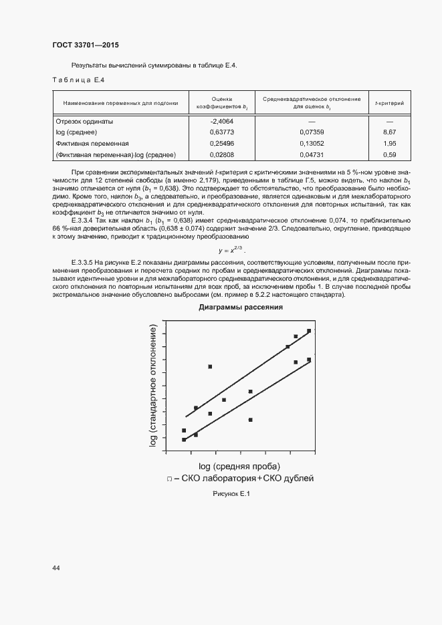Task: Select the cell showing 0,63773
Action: point(222,132)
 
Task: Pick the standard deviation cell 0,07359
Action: point(312,132)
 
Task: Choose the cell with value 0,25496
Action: point(222,144)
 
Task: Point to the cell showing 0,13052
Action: point(312,144)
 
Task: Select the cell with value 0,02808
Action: point(222,155)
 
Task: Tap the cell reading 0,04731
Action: point(312,155)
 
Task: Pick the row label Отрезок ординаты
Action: point(85,122)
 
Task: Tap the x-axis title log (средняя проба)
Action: point(239,466)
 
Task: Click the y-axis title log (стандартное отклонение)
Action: point(154,388)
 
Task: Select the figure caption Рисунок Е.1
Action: point(230,493)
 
